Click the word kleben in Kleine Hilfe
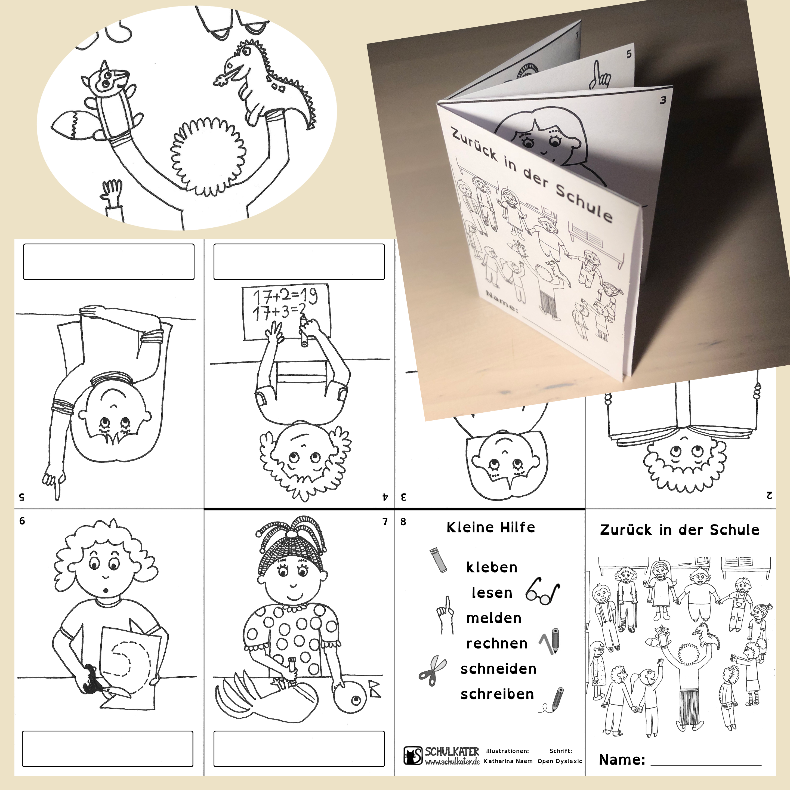pos(492,567)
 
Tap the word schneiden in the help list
pos(498,669)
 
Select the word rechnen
pos(496,644)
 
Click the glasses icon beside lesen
pos(543,592)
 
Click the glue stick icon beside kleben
pos(438,561)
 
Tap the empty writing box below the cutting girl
pos(107,749)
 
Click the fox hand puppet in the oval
pos(102,102)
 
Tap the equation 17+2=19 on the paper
pos(285,297)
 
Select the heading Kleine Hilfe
pos(491,527)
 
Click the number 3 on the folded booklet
pos(663,100)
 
